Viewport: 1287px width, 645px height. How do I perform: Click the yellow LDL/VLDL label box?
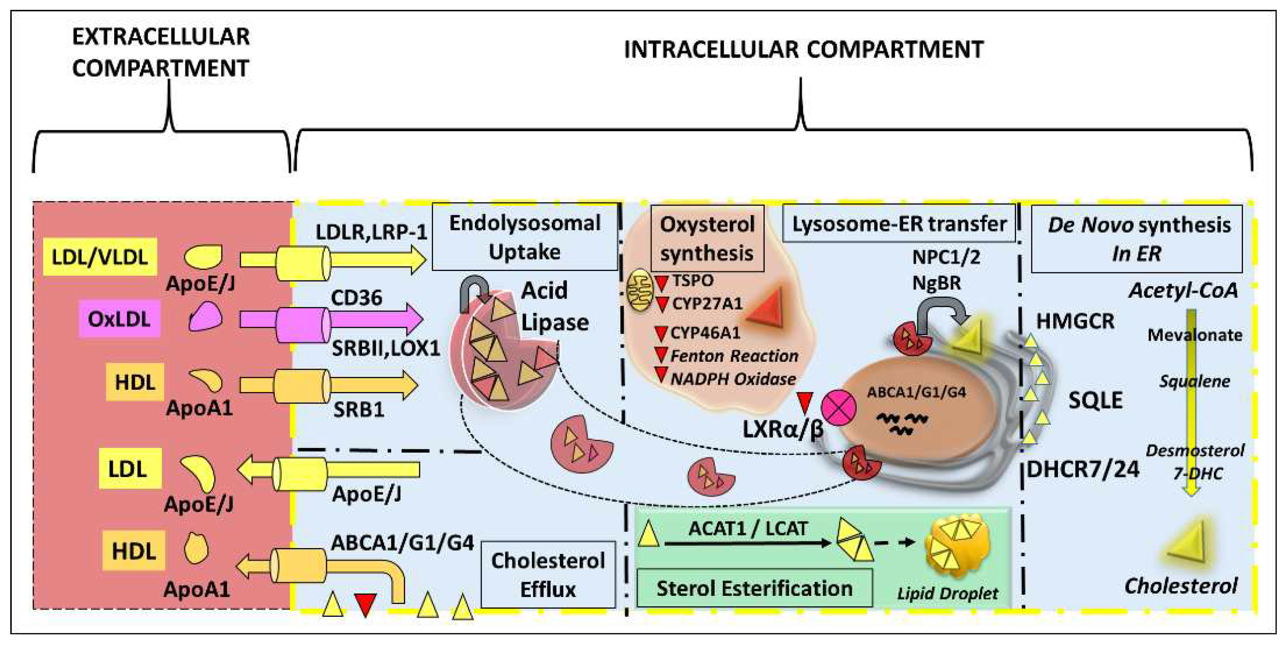coord(100,257)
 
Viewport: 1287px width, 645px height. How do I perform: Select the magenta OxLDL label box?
coord(119,319)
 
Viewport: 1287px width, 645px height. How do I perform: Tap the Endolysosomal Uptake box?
coord(524,237)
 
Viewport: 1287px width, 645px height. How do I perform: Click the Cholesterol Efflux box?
coord(548,574)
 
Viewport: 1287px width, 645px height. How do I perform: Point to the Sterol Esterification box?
coord(754,588)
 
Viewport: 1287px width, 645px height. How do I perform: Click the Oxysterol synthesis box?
coord(707,239)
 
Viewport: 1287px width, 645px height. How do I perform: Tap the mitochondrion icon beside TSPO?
coord(640,291)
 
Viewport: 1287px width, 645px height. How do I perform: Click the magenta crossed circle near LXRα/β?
coord(838,407)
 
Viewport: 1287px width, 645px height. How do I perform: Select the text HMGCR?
coord(1075,321)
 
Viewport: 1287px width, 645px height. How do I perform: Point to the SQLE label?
coord(1095,400)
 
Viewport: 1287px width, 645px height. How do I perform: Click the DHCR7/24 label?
coord(1083,469)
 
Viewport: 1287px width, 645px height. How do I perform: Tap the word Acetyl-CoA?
coord(1183,290)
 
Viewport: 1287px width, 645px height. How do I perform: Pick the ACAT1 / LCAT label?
coord(748,528)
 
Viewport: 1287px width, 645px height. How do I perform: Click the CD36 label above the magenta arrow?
coord(356,298)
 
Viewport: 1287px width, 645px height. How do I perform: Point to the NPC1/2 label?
coord(946,257)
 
